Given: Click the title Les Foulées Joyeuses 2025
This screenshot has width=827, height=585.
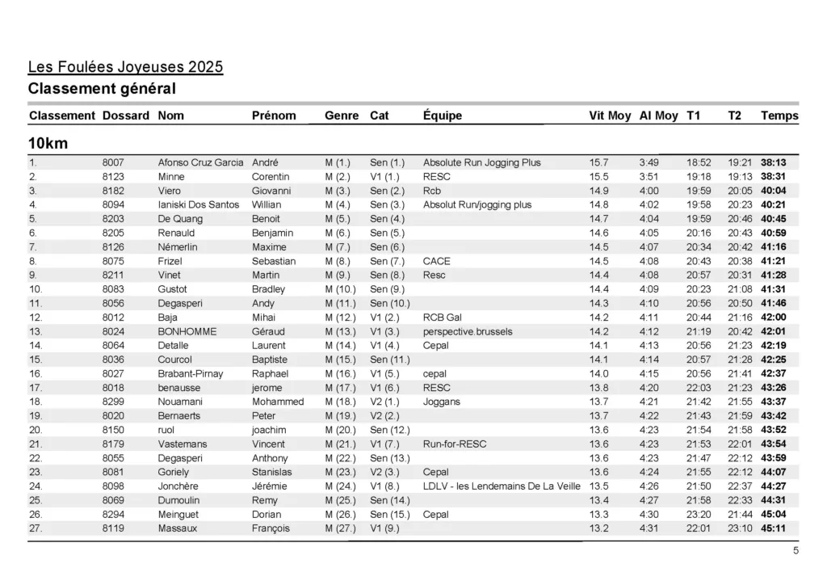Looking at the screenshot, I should (125, 66).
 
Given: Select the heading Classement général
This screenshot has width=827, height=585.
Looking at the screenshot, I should (102, 88).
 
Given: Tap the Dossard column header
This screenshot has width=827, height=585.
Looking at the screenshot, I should (126, 116).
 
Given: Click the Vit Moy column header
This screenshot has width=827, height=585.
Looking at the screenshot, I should (610, 116).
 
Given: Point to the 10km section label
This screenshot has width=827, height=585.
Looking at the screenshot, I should (48, 144).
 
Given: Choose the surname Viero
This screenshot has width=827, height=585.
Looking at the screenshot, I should (170, 191).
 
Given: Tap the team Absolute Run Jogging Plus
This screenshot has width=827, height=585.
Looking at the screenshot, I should (481, 162).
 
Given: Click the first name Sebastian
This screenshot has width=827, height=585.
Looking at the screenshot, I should (274, 261).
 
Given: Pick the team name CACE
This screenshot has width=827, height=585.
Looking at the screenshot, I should (436, 261).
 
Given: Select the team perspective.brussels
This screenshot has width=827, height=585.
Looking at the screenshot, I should (467, 331).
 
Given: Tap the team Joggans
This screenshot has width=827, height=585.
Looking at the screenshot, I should (441, 402).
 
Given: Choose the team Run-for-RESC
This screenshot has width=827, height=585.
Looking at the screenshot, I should (455, 444).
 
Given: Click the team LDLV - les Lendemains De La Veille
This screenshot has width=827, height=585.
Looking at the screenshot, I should (501, 486).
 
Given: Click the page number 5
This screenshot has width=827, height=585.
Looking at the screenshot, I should (796, 551).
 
